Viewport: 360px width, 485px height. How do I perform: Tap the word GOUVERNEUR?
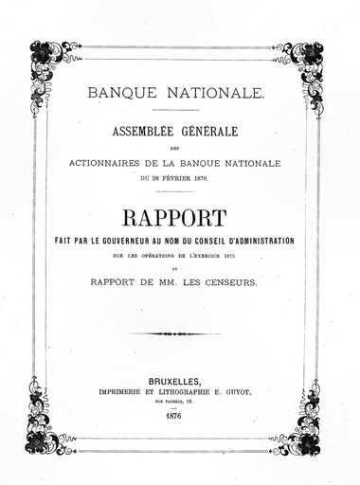pyautogui.click(x=154, y=242)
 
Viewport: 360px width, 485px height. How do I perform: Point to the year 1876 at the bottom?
pyautogui.click(x=174, y=415)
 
